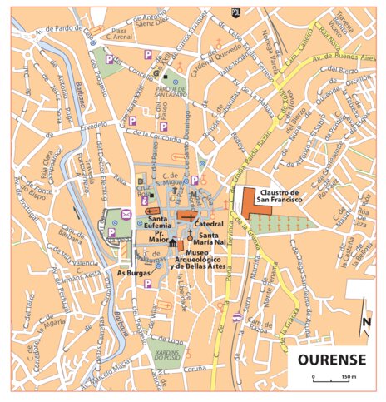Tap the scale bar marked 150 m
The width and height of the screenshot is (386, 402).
[333, 380]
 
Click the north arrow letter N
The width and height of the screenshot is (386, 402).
[367, 323]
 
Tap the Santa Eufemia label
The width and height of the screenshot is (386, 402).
[153, 223]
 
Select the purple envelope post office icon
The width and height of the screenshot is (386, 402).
[126, 215]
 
